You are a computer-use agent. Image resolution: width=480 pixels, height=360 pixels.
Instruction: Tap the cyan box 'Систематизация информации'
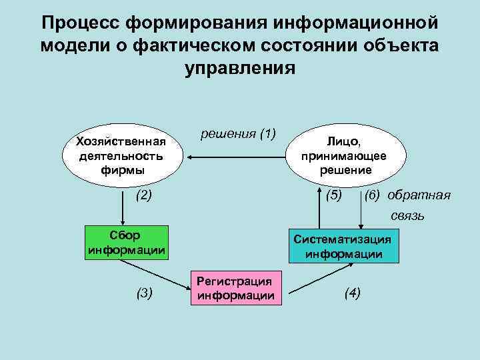(x=343, y=246)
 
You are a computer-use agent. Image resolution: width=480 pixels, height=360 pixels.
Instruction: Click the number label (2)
(x=143, y=195)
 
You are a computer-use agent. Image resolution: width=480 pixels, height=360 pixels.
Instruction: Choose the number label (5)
(x=333, y=195)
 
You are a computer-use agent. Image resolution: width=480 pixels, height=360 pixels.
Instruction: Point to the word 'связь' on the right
(x=407, y=216)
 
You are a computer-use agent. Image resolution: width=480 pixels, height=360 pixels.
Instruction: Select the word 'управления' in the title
(x=239, y=68)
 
